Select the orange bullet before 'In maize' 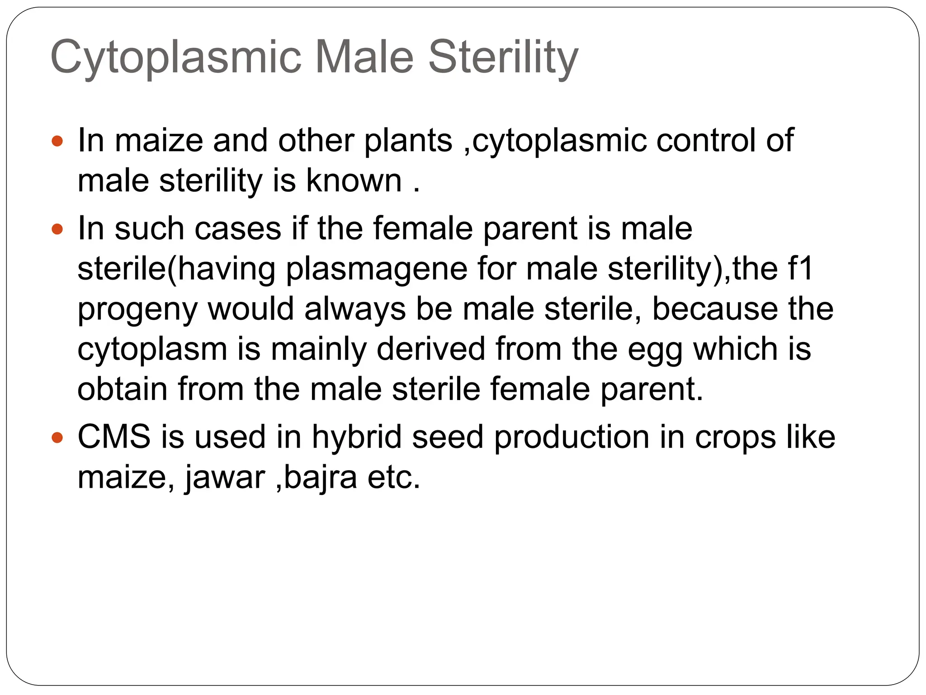pos(57,141)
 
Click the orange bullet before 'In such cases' pos(57,229)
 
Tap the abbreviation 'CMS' pos(114,437)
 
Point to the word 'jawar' pos(225,478)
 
